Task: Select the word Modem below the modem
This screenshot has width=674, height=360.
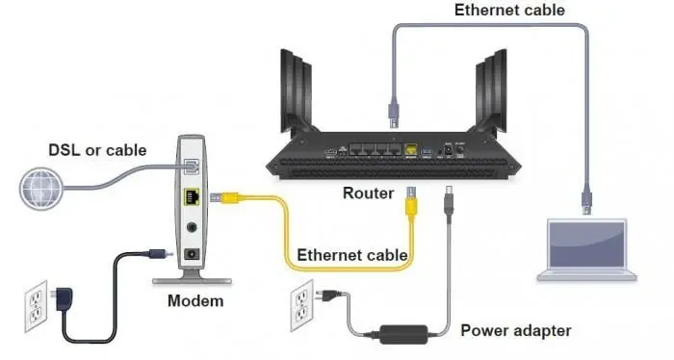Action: (194, 300)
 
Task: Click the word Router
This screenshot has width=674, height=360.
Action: (368, 193)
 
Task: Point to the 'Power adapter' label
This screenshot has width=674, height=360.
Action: (515, 330)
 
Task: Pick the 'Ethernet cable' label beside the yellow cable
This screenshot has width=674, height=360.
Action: (352, 255)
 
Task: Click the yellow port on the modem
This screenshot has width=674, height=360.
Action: (193, 199)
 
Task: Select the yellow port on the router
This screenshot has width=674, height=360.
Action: (411, 151)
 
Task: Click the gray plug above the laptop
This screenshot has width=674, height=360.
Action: (584, 199)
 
